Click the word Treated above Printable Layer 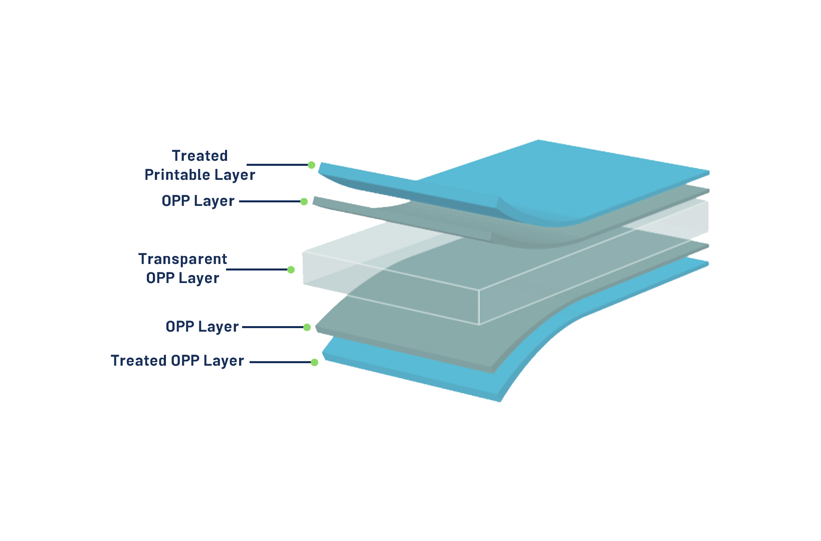pos(200,156)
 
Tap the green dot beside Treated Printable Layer pos(312,165)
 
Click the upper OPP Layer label pos(198,201)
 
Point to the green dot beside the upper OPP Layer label pos(304,201)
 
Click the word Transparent pos(182,259)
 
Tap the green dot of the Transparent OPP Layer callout pos(291,270)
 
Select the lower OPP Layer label pos(202,327)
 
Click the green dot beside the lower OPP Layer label pos(307,328)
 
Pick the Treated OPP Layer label pos(177,361)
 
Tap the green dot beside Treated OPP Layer pos(314,363)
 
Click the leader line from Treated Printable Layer pos(277,165)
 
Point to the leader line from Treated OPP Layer pos(280,362)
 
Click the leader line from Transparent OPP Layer pos(257,269)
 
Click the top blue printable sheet pos(550,179)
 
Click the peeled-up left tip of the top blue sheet pos(320,168)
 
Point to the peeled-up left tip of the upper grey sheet pos(314,201)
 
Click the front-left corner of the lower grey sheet pos(316,327)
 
